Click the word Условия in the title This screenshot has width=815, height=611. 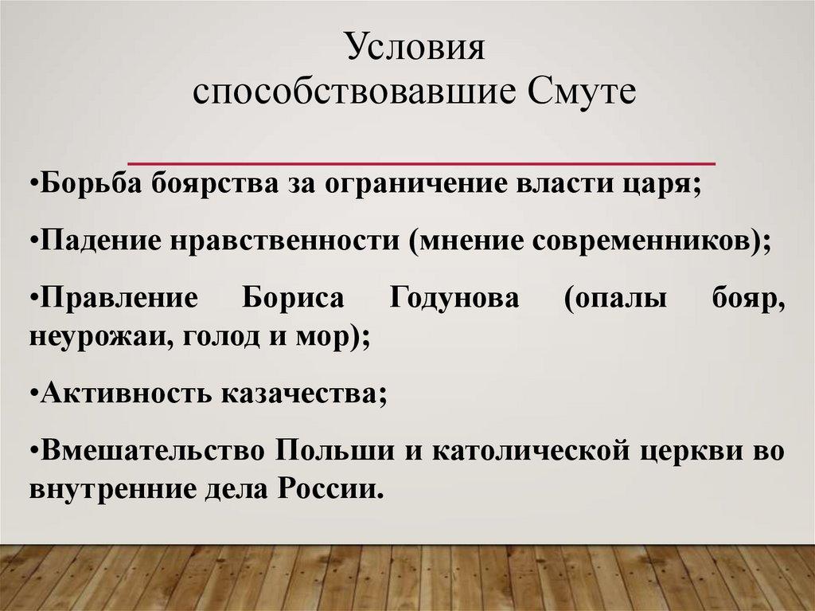point(415,50)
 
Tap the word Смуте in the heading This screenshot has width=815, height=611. point(583,93)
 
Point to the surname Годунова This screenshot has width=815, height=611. point(454,300)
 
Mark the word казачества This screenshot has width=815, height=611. point(304,394)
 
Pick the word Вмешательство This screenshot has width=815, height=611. point(151,451)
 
